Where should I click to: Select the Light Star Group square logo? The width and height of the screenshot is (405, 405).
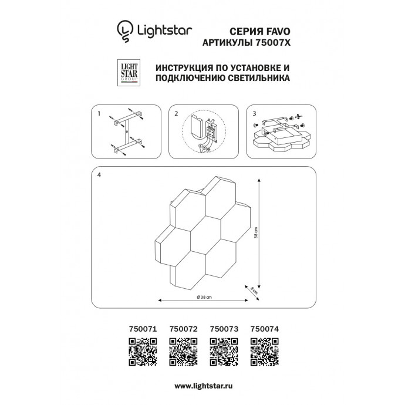[129, 73]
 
